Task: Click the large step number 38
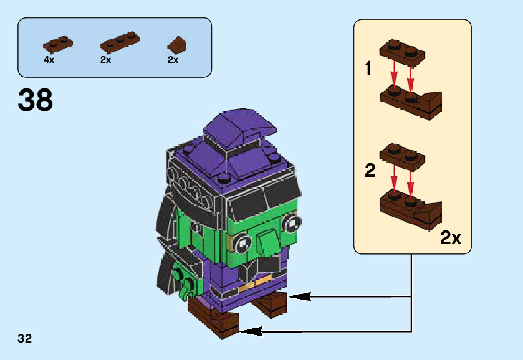36,100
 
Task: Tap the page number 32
25,339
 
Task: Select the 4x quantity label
49,60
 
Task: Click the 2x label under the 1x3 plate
105,60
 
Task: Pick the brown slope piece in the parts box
177,44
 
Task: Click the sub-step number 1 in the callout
369,69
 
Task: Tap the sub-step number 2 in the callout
370,171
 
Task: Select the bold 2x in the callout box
450,237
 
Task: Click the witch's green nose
267,240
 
